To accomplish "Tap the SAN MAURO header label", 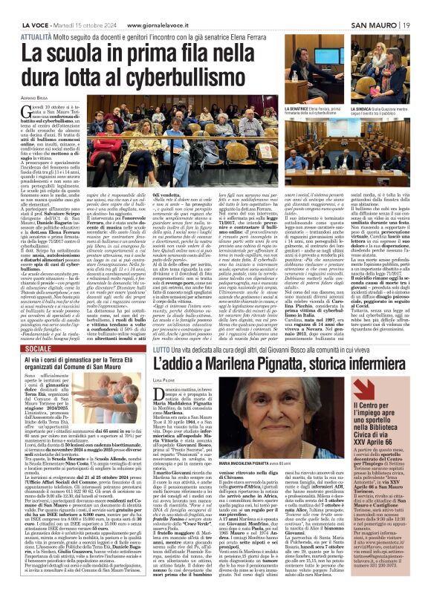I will point(382,7).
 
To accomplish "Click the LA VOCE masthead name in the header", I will point(20,7).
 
